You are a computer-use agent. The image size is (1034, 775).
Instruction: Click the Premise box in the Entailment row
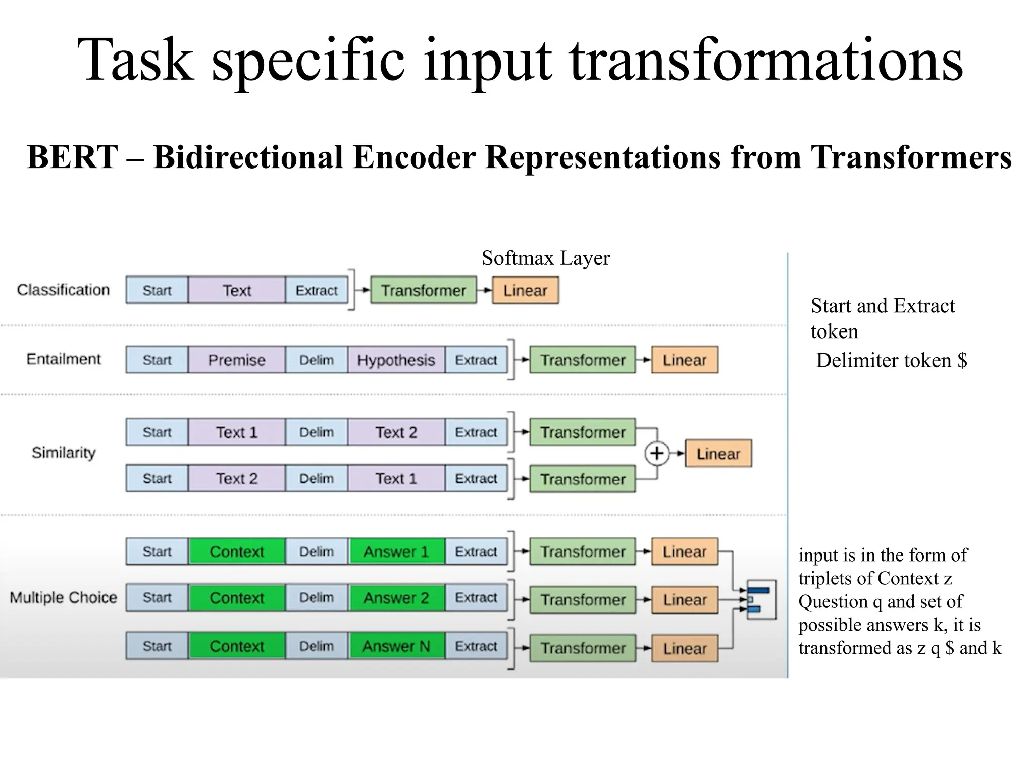pyautogui.click(x=236, y=360)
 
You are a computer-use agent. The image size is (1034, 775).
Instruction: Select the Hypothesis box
pyautogui.click(x=396, y=360)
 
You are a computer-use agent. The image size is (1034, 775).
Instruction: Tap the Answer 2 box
pyautogui.click(x=396, y=598)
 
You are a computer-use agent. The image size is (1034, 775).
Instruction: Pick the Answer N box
pyautogui.click(x=396, y=646)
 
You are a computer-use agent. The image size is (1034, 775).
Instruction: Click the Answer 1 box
pyautogui.click(x=396, y=551)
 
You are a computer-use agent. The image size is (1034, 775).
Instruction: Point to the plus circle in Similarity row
pyautogui.click(x=656, y=453)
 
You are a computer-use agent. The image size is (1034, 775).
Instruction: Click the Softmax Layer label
pyautogui.click(x=545, y=258)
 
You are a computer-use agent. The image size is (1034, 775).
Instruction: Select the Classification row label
pyautogui.click(x=63, y=290)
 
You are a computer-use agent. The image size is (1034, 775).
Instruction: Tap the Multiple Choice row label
pyautogui.click(x=63, y=598)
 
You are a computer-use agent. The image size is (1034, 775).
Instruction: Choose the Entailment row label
pyautogui.click(x=64, y=359)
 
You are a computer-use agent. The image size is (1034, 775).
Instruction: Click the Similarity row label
pyautogui.click(x=64, y=453)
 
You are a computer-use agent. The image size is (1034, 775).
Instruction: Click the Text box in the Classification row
pyautogui.click(x=236, y=290)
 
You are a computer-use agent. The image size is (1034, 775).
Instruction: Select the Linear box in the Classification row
pyautogui.click(x=525, y=290)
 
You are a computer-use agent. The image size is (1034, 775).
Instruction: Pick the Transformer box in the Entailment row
pyautogui.click(x=583, y=360)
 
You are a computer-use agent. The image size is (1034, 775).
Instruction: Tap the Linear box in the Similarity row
pyautogui.click(x=718, y=454)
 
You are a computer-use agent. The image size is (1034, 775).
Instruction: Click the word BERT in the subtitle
pyautogui.click(x=73, y=157)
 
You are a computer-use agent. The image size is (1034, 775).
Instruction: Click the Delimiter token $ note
pyautogui.click(x=891, y=360)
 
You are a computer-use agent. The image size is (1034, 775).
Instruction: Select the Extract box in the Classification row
pyautogui.click(x=317, y=290)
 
